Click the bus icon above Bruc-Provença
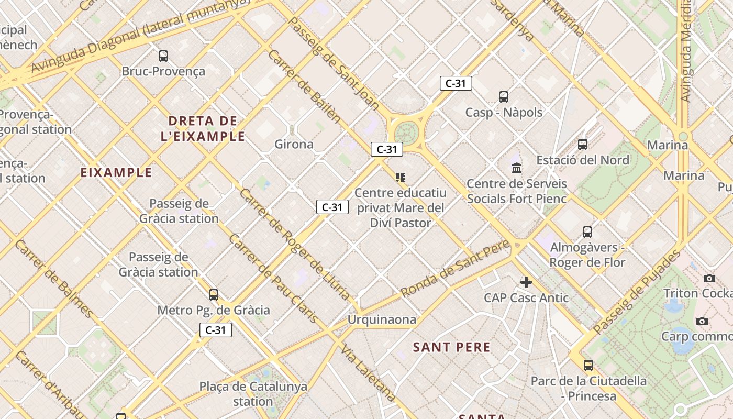(163, 56)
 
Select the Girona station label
(294, 144)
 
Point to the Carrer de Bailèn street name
(304, 86)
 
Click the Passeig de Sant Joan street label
(334, 63)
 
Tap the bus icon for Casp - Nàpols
(504, 96)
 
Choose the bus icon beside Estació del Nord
(583, 145)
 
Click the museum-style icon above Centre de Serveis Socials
(517, 168)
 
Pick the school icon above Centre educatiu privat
(401, 178)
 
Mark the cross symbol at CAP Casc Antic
(526, 283)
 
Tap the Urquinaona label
(382, 319)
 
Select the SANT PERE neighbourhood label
(452, 347)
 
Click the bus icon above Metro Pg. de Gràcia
(214, 294)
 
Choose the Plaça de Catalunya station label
(253, 394)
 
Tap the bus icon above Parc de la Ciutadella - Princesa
(588, 365)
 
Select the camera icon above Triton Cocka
(709, 278)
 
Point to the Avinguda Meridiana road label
(685, 52)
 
